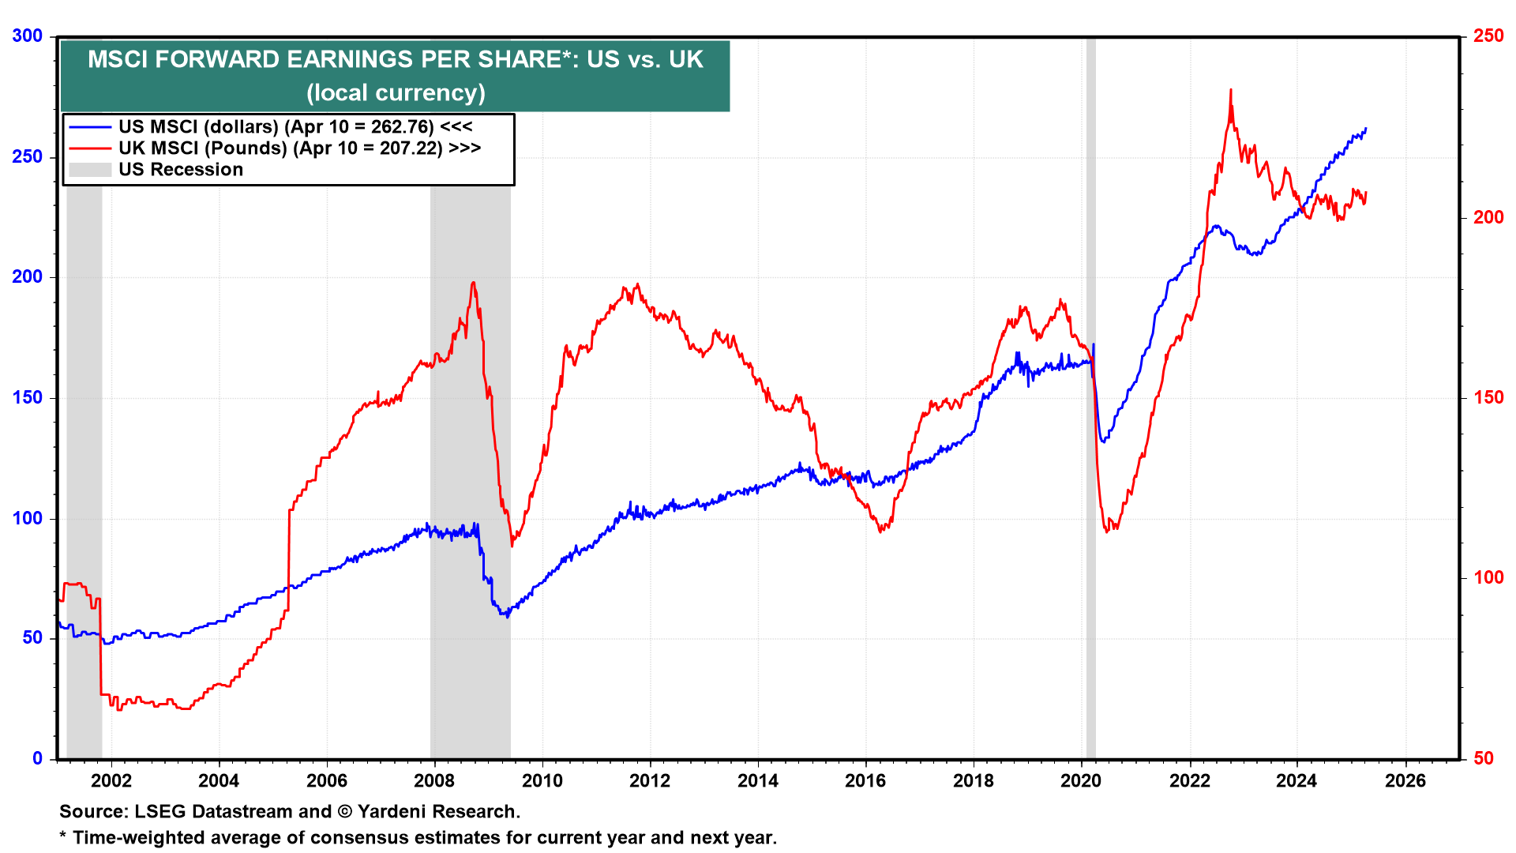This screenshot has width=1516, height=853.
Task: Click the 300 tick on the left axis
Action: (28, 36)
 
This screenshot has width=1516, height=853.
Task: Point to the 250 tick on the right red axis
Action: (1488, 36)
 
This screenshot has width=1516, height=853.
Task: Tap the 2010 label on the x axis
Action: (542, 781)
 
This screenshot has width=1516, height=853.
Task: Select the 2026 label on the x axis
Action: (1405, 781)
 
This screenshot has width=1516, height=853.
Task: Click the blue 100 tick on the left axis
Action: (28, 518)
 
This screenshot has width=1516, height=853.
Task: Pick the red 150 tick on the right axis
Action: (1488, 397)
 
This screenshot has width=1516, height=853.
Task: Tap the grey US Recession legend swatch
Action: (90, 170)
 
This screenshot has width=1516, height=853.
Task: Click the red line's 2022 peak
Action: (1230, 90)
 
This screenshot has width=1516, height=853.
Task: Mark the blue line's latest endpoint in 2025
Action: (1366, 129)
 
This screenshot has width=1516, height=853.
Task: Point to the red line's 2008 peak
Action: (473, 283)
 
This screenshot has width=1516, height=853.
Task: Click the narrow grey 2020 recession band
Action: (1091, 395)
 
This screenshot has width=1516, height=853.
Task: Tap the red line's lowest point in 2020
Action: (1107, 532)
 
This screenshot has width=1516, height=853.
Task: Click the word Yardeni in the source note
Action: (394, 811)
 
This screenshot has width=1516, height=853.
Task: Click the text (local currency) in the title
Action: (396, 92)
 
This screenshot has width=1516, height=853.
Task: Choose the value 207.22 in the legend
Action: (411, 148)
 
